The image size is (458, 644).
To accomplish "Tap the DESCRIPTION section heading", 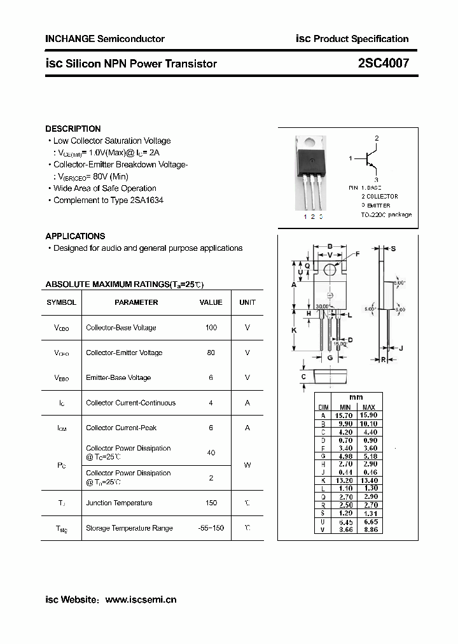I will (73, 129).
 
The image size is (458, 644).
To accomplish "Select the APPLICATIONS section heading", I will (75, 236).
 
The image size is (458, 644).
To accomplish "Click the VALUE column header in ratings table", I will (211, 302).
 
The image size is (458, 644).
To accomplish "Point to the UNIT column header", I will (247, 302).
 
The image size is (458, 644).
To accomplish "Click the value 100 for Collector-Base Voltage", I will (211, 328).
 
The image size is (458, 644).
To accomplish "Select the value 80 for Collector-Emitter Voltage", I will (211, 353).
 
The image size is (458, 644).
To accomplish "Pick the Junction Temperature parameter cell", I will (119, 503).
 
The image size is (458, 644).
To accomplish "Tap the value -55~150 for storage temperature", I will (211, 528).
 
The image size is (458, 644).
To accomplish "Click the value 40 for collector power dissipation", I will (211, 452).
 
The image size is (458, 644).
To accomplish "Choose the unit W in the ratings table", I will (247, 465).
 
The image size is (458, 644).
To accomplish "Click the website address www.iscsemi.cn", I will (141, 599).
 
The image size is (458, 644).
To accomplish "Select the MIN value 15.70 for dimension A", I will (345, 415).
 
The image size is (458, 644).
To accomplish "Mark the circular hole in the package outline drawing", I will (330, 270).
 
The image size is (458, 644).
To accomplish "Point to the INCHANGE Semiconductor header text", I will (105, 39).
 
